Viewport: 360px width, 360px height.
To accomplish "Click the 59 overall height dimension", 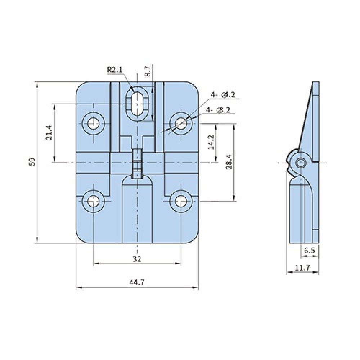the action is point(33,162).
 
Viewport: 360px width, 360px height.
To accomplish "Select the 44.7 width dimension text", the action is point(137,282).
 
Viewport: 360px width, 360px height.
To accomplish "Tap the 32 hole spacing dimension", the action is point(137,259).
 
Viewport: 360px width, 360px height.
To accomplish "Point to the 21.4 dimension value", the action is point(49,132).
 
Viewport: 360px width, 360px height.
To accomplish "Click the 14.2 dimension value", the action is point(211,142).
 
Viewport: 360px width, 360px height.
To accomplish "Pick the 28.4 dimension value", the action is point(229,162).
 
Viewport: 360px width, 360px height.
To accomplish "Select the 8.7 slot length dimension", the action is point(148,71).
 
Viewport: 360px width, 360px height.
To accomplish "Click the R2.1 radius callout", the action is point(115,69).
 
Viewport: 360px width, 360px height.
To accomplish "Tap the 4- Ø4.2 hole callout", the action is point(223,95).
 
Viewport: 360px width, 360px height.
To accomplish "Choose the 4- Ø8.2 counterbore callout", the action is point(218,110).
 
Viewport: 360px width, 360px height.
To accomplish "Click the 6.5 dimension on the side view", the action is point(310,251).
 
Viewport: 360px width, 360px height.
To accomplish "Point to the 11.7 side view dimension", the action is point(302,268).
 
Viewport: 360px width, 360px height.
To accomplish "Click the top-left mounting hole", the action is point(94,123).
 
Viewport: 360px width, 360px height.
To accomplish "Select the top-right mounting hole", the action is point(181,123).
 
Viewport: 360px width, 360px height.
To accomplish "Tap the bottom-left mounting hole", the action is point(94,201).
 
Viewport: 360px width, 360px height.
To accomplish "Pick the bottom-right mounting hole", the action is point(181,201).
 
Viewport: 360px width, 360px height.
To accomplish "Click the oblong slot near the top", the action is point(137,104).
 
